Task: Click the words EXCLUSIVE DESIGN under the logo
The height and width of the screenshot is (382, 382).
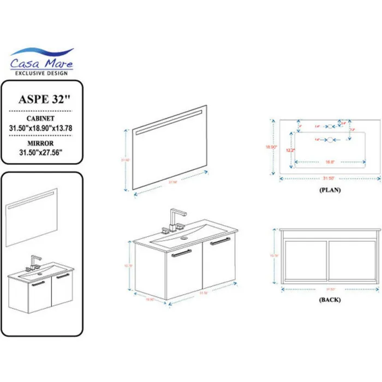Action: click(x=42, y=73)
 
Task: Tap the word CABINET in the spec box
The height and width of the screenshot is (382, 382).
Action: click(x=40, y=117)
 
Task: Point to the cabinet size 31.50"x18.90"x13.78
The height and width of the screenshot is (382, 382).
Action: click(x=41, y=127)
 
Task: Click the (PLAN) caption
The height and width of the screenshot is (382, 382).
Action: click(x=330, y=190)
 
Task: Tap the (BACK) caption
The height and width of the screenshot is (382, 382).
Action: click(x=330, y=300)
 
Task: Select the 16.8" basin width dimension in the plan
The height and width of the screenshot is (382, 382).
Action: click(x=329, y=162)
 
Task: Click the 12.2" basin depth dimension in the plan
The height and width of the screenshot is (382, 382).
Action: click(x=291, y=150)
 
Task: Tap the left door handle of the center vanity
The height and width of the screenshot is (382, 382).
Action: click(x=181, y=253)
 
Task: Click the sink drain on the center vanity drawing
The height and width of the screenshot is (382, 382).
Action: click(x=183, y=238)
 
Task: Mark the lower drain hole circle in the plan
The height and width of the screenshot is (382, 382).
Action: click(x=330, y=140)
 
